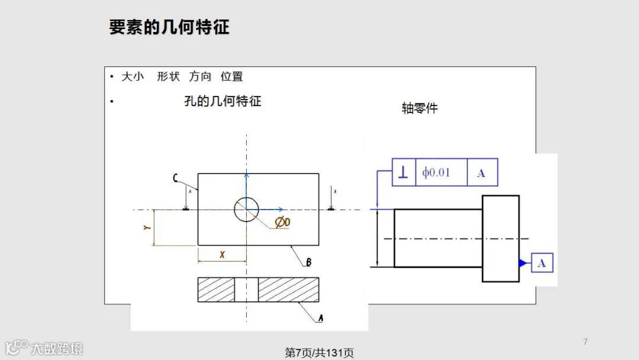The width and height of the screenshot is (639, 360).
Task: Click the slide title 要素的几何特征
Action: tap(169, 27)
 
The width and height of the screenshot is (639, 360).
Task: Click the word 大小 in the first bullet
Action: tap(133, 77)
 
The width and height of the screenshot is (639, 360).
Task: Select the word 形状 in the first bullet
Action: tap(168, 77)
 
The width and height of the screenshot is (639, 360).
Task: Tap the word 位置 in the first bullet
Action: tap(231, 77)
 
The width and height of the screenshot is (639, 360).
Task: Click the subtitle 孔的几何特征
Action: tap(222, 101)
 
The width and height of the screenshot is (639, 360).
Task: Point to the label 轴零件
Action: tap(419, 108)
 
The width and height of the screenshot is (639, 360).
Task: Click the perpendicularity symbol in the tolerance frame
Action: tap(404, 172)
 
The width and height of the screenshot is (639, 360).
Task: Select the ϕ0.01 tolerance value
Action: tap(437, 173)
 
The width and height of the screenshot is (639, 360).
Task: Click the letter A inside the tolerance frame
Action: tap(481, 173)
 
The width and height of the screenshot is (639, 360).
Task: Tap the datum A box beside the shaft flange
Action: tap(542, 263)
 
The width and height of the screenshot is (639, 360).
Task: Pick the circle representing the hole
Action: tap(246, 209)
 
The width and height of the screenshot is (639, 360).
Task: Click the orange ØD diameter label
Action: tap(282, 222)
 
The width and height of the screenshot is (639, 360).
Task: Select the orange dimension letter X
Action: tap(222, 254)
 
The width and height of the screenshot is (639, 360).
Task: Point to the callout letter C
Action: tap(176, 178)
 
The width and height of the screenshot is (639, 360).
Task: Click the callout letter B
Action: tap(309, 262)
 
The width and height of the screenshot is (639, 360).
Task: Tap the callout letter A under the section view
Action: tap(321, 318)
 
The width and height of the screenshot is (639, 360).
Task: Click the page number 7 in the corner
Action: tap(585, 341)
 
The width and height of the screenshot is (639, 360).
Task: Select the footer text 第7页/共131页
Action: tap(319, 353)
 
